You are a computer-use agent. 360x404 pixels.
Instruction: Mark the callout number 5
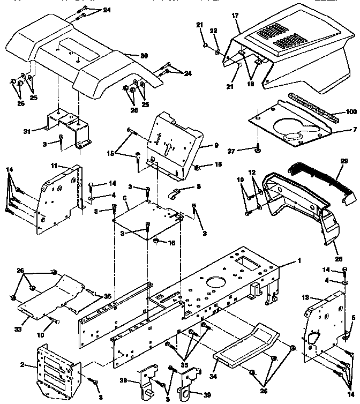click(353, 318)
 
